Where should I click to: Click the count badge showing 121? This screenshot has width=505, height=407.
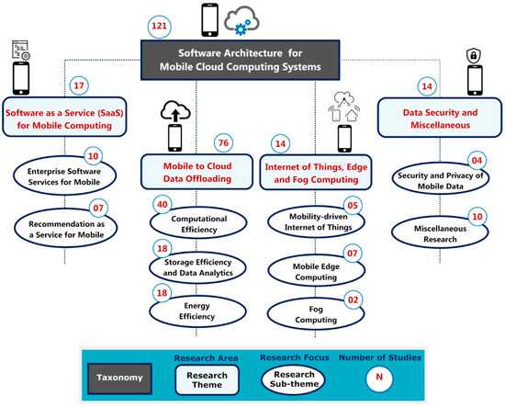tap(159, 27)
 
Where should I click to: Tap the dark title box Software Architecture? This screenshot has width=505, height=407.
tap(241, 60)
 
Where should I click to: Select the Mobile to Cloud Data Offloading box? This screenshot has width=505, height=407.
tap(197, 172)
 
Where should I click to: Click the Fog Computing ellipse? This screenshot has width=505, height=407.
tap(316, 314)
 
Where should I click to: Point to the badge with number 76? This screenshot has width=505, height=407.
tap(223, 143)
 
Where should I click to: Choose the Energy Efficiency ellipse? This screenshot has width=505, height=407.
tap(197, 311)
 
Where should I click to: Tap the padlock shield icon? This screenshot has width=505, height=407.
tap(474, 55)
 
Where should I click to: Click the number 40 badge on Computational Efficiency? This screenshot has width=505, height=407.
tap(163, 205)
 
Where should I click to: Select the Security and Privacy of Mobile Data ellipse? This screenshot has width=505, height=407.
tap(440, 178)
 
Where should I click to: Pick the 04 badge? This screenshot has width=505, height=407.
tap(477, 161)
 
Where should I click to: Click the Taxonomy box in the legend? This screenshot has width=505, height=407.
tap(119, 379)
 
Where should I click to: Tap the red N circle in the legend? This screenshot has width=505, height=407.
tap(379, 378)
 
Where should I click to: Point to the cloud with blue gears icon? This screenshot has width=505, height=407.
tap(241, 20)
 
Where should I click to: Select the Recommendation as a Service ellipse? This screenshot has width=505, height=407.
tap(66, 229)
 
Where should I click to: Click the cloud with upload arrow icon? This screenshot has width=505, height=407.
tap(175, 111)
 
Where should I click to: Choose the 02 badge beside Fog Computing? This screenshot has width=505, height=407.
tap(353, 300)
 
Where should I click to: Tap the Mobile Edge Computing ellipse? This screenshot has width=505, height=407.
tap(316, 271)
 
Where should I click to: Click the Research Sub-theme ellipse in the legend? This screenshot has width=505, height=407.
tap(294, 379)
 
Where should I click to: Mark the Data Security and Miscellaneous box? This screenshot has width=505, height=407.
tap(440, 118)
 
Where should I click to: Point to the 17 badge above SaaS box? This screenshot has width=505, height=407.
tap(79, 85)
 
